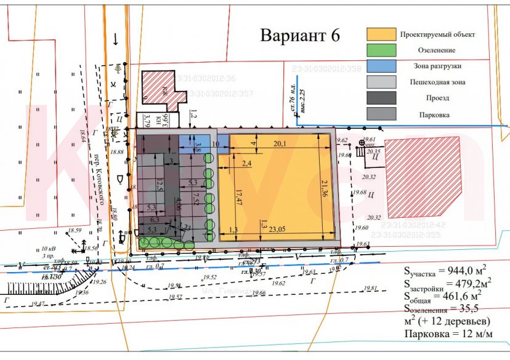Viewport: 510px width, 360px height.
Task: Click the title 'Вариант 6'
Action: tap(300, 35)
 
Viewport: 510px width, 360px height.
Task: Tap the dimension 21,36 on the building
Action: tap(325, 184)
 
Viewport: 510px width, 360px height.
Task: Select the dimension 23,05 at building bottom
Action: tap(278, 229)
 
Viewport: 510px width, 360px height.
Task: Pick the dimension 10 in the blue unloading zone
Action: tap(215, 144)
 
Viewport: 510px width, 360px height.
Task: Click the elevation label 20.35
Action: tap(374, 151)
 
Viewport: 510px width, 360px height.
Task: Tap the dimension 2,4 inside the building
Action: tap(248, 163)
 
